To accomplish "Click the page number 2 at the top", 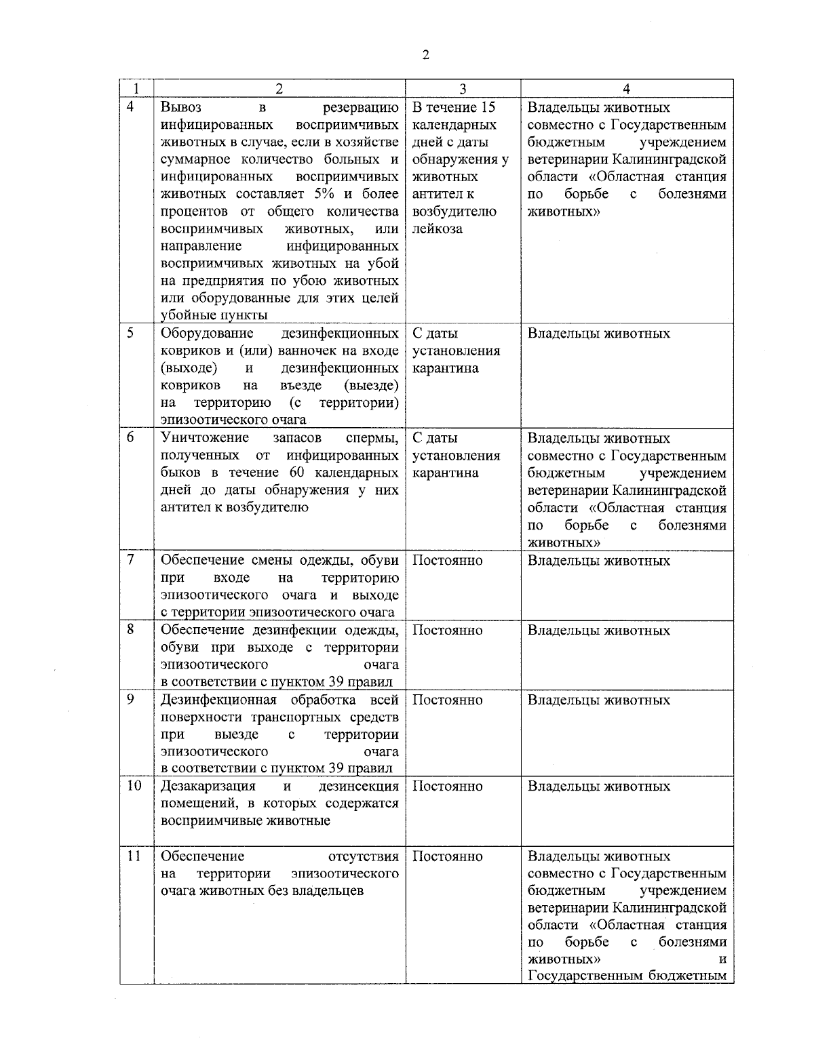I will (x=425, y=56).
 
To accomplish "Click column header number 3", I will (x=462, y=89).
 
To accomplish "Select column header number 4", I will (x=626, y=89).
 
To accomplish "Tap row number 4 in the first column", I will (x=131, y=107).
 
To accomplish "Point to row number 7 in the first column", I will (x=131, y=560).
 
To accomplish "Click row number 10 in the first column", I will (x=134, y=786).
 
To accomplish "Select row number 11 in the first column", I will (x=134, y=856).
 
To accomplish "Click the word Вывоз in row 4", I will (x=181, y=108).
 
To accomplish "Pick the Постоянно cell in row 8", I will (x=447, y=630).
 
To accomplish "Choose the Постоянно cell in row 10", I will (x=447, y=786).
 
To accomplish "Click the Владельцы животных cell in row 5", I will (x=598, y=334).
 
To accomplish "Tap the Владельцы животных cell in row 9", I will (x=598, y=700).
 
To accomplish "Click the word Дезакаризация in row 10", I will (x=208, y=786).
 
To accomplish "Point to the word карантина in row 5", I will (x=445, y=368).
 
